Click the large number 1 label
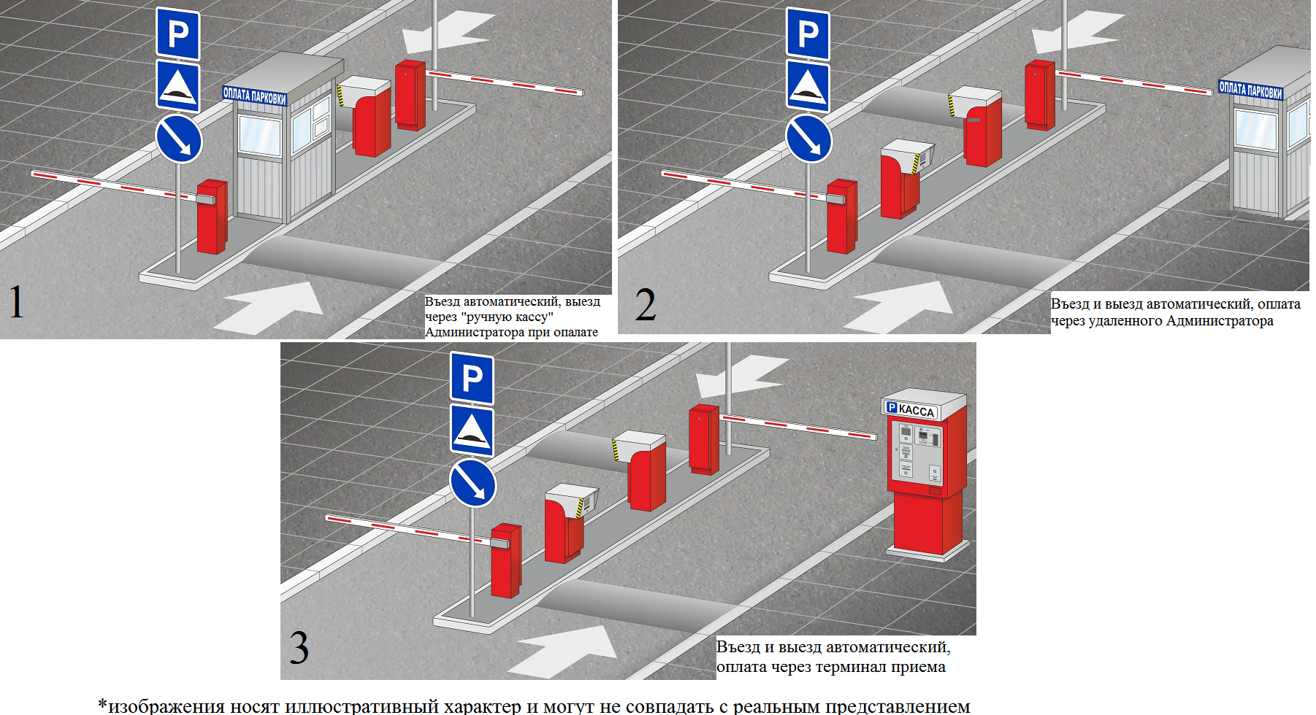[x=16, y=302]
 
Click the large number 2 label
[x=646, y=306]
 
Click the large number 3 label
[x=299, y=647]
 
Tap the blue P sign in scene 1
[x=178, y=34]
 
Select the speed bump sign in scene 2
[x=808, y=86]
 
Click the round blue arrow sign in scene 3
[x=473, y=483]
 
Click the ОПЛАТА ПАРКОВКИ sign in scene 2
[x=1250, y=90]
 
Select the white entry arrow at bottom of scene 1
[x=274, y=306]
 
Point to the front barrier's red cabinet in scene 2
[x=841, y=217]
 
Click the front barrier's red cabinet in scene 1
[x=212, y=217]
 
